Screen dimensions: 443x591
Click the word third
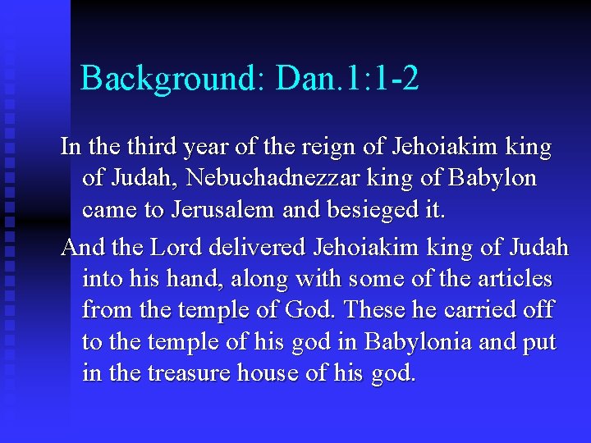156,148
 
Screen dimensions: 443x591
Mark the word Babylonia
416,342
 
